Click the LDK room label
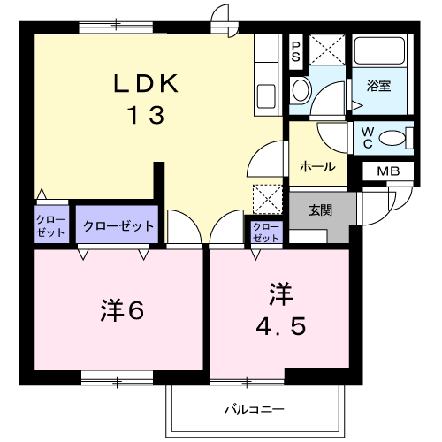point(146,84)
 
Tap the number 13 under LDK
point(146,115)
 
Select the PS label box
point(296,52)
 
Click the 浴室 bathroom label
point(378,86)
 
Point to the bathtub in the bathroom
point(379,50)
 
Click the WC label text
point(368,138)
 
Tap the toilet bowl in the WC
point(391,138)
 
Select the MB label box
point(388,171)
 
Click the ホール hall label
point(317,167)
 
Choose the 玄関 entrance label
point(321,210)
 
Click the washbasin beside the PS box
point(301,90)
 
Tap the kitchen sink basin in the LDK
point(266,96)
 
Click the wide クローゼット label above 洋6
point(118,226)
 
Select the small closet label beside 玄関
point(266,232)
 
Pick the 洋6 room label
point(122,310)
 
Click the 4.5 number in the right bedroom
point(281,326)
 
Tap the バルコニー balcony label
point(255,409)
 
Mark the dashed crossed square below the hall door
point(268,199)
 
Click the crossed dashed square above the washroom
point(327,50)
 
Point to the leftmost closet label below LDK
point(50,226)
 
